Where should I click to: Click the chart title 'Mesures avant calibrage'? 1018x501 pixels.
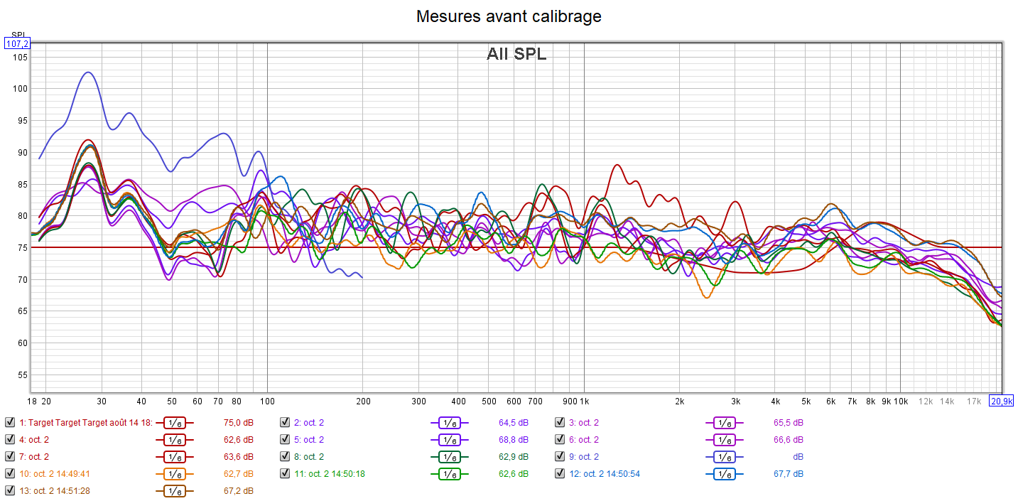509,16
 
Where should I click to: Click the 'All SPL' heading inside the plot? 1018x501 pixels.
516,54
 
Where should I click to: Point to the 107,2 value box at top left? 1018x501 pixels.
17,43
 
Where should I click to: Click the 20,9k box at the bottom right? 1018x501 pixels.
1002,401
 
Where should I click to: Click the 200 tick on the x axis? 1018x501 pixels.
363,401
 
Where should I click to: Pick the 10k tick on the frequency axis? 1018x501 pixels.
900,401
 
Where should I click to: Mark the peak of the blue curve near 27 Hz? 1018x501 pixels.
87,72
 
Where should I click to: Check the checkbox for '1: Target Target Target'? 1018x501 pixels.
9,422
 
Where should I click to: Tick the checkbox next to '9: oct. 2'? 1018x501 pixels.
561,456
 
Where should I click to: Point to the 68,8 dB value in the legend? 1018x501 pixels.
513,439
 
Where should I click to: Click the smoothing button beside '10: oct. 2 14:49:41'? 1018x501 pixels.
174,473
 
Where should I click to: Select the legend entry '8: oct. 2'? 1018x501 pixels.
308,456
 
